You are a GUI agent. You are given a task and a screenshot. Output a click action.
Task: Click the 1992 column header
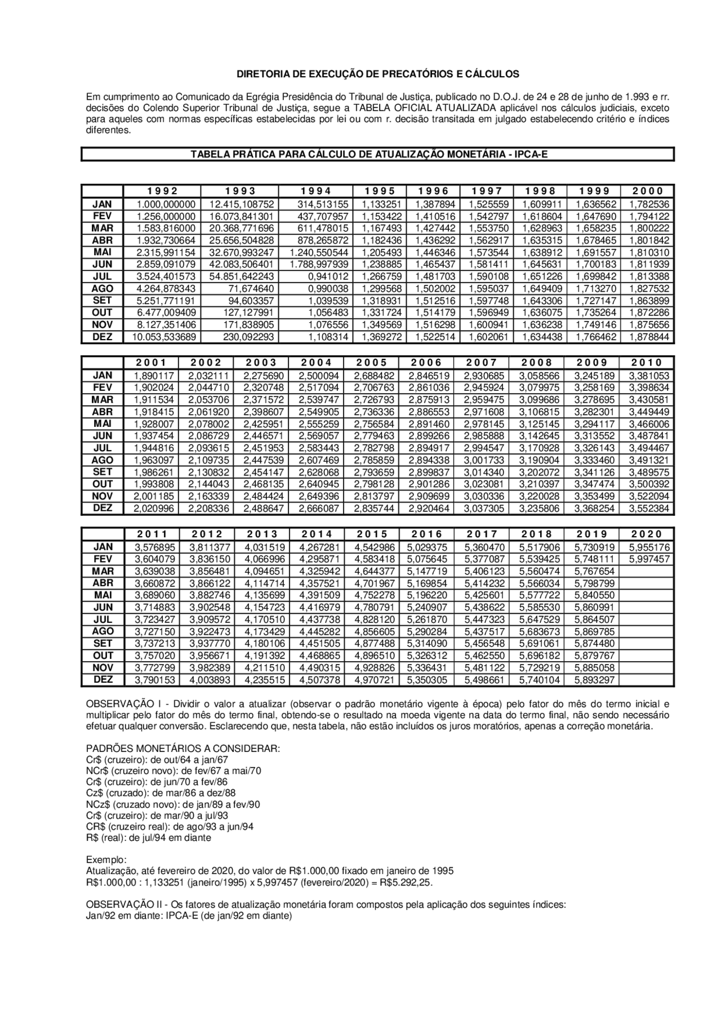[163, 191]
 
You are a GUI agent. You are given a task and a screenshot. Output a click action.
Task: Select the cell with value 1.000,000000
[163, 204]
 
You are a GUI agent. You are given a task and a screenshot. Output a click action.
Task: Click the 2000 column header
[647, 191]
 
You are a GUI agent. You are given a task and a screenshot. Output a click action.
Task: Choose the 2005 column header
[372, 363]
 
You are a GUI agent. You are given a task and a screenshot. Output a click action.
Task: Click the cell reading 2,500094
[316, 376]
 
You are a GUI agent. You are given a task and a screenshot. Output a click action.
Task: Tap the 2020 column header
[647, 534]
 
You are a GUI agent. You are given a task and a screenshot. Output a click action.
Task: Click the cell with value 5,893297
[594, 680]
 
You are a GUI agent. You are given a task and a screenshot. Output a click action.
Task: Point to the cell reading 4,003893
[206, 680]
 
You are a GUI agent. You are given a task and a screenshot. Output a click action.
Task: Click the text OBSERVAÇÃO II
[121, 905]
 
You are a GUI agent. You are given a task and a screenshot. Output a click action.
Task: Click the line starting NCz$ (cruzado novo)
[172, 804]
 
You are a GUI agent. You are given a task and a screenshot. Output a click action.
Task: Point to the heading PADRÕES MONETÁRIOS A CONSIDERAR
[183, 749]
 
